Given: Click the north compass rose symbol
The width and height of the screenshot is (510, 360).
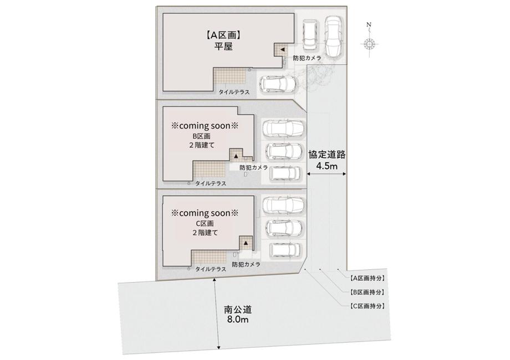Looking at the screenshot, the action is click(x=370, y=45).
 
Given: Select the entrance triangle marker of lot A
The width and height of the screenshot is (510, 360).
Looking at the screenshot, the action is click(x=281, y=49).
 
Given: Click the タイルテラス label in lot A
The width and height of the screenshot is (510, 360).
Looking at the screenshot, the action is click(x=233, y=92).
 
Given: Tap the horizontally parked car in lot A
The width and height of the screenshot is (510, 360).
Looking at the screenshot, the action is click(x=279, y=85).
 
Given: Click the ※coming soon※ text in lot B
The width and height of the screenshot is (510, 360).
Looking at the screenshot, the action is click(x=204, y=126).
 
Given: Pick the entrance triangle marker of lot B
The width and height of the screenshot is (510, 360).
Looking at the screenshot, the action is click(x=235, y=156).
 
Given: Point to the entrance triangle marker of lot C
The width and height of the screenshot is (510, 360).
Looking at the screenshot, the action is click(x=244, y=243).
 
